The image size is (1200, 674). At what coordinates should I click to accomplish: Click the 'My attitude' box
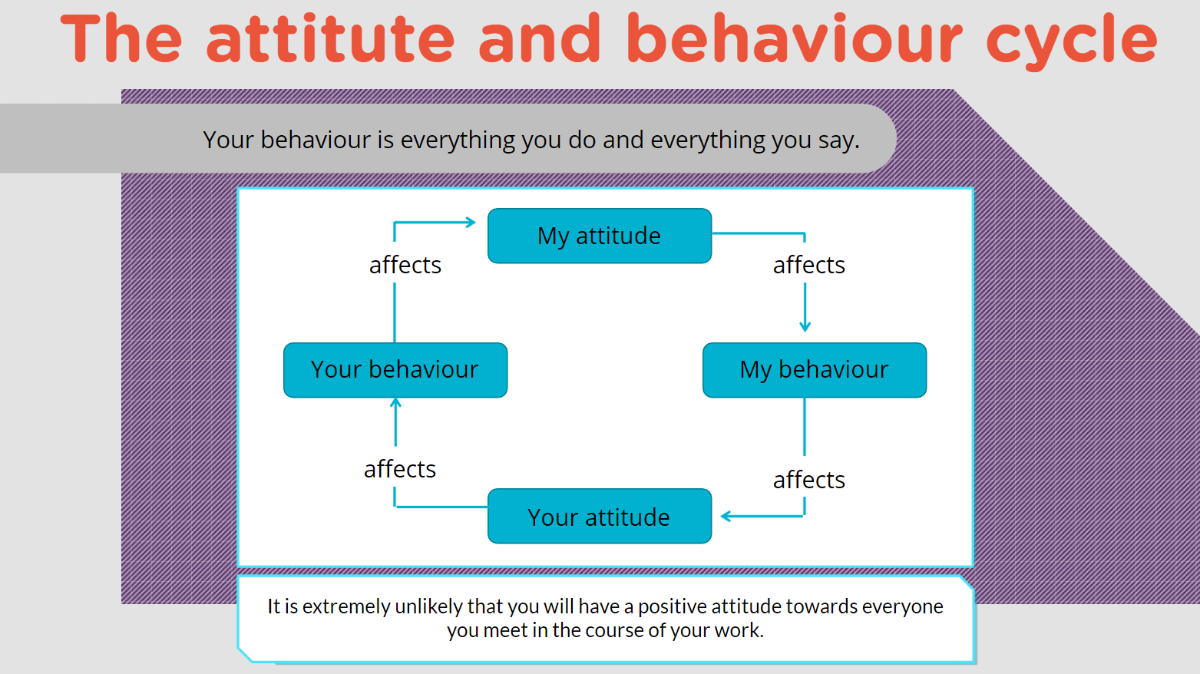600,236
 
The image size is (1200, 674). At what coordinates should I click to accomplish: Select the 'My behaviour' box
815,370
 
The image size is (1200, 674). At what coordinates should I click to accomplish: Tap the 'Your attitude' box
600,517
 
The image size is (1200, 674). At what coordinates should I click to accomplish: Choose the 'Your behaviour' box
395,370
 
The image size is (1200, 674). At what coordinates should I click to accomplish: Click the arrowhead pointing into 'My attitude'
471,223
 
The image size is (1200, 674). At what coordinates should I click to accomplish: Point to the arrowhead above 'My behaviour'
805,326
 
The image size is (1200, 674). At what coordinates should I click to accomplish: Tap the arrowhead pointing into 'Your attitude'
726,517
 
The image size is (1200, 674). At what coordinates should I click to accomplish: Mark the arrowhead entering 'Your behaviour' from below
395,404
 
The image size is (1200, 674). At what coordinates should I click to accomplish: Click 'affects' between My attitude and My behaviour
809,265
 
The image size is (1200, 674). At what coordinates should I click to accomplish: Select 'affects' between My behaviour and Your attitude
809,480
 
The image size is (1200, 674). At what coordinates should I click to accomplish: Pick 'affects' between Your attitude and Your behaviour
400,469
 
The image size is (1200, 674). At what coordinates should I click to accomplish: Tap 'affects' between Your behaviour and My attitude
405,265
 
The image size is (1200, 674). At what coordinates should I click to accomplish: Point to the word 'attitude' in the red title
331,38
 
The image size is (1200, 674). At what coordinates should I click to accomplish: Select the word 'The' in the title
121,38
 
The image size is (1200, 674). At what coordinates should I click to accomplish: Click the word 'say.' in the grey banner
838,141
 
